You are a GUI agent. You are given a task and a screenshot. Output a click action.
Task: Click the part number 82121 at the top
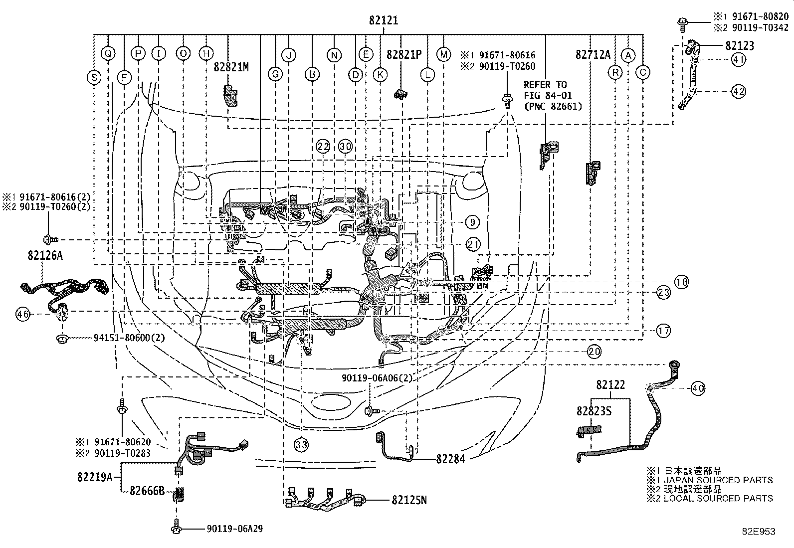coord(384,20)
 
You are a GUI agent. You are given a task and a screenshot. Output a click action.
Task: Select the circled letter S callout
coord(93,77)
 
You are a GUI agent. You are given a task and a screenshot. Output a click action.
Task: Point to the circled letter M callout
coord(443,54)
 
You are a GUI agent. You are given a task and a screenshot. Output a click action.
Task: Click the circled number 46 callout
coord(23,314)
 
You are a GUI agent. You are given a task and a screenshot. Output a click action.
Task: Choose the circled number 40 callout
coord(698,388)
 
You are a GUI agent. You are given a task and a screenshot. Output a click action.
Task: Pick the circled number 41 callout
coord(739,60)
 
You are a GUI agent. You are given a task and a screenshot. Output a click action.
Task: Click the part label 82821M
coord(231,67)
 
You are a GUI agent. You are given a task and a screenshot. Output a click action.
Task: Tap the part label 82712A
coord(593,54)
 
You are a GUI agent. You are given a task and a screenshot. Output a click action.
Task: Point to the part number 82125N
coord(409,499)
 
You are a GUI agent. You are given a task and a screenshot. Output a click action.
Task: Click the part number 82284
coord(450,459)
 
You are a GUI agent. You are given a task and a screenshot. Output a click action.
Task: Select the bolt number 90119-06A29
coord(234,529)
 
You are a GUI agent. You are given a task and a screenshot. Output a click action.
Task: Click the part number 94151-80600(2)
coord(129,338)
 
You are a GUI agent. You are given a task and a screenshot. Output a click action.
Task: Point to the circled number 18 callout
coord(682,282)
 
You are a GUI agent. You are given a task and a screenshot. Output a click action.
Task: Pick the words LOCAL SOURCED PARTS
coord(718,498)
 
